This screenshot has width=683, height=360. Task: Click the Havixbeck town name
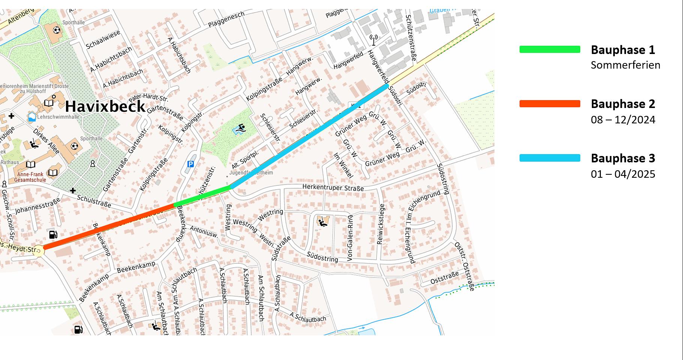point(105,106)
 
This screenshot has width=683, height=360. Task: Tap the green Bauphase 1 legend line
point(550,49)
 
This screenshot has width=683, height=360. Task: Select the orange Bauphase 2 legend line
point(550,104)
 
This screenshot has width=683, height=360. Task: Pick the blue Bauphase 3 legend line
point(550,158)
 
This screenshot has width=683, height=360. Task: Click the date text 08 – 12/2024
point(623,120)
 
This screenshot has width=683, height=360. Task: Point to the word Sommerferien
point(625,65)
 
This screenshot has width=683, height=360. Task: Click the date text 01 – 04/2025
point(623,174)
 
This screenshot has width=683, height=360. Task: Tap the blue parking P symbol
point(190,164)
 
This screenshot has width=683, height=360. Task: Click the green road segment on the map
point(202,196)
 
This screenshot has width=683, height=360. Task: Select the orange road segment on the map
point(109,226)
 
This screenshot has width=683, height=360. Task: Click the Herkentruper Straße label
point(333,187)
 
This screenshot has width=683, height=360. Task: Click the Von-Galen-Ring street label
point(350,238)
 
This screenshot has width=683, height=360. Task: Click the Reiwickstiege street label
point(381,224)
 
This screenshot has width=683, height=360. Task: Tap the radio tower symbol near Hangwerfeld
point(373,39)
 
